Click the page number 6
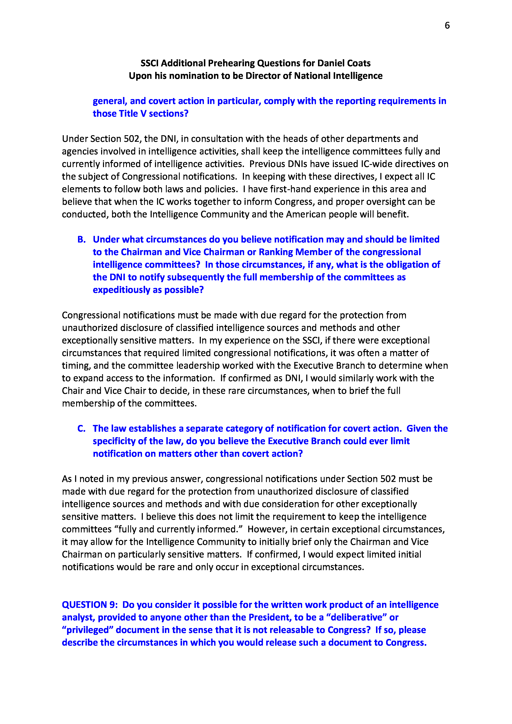[x=447, y=26]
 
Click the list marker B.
[x=81, y=240]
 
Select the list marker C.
[x=81, y=428]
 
